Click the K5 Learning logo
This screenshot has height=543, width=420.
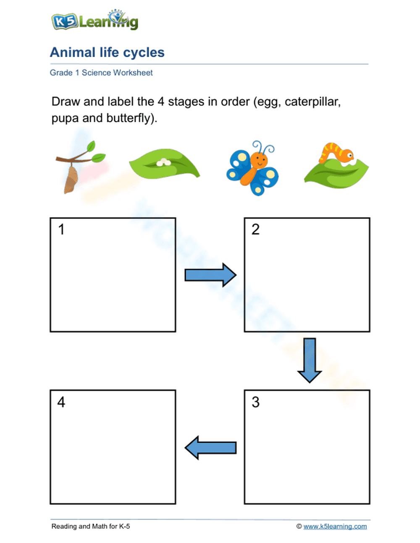pos(94,21)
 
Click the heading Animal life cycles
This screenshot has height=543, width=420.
pos(107,52)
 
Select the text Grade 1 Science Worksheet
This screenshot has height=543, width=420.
pos(101,73)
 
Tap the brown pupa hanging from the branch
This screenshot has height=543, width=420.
pos(71,179)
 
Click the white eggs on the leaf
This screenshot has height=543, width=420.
pos(163,162)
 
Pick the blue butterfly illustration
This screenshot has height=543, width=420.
pos(252,169)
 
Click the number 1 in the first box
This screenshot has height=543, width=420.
pos(61,230)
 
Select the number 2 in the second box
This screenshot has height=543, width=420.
pos(255,230)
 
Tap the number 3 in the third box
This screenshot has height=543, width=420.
pos(255,402)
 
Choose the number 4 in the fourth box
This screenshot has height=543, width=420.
pos(61,402)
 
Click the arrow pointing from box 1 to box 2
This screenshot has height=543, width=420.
pos(210,275)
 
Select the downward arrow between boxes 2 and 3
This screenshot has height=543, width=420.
pos(310,360)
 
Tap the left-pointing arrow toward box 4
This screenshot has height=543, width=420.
pos(210,447)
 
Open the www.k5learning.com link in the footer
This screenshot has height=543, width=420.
pos(335,526)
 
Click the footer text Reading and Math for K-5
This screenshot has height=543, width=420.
pos(91,526)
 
